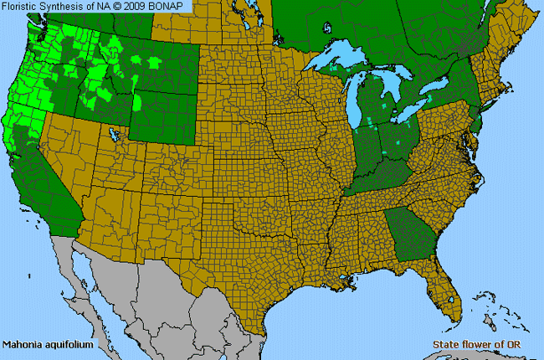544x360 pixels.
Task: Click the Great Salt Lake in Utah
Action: click(113, 133)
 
